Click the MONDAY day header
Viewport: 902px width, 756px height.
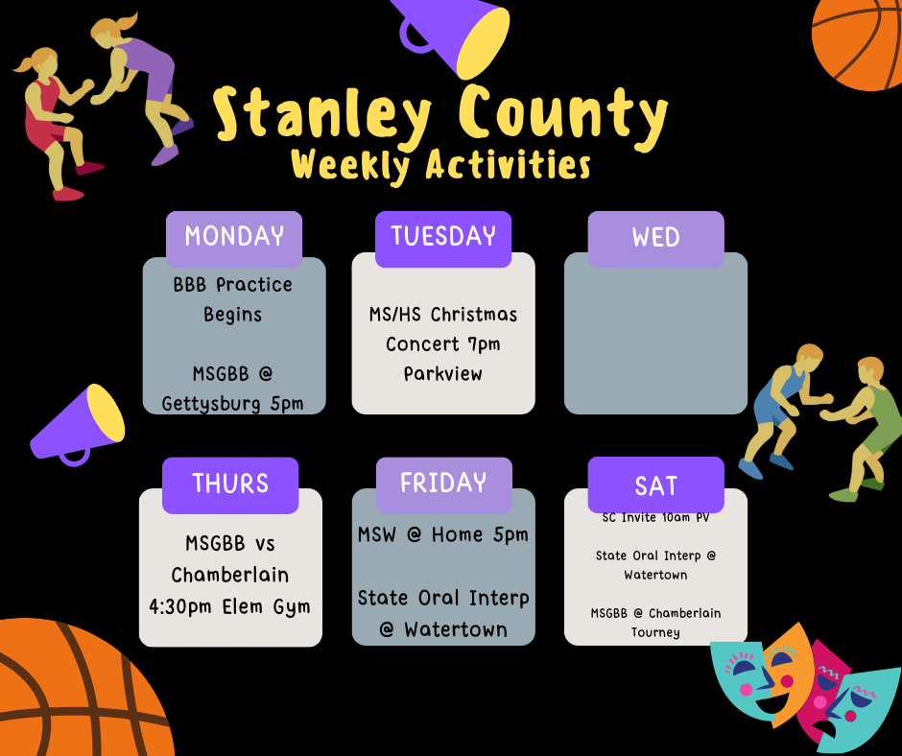pos(234,237)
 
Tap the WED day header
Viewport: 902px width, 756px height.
pos(655,238)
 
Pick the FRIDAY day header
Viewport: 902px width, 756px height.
pos(443,484)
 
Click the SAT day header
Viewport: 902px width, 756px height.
pos(655,485)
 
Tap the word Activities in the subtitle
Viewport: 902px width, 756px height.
pos(508,166)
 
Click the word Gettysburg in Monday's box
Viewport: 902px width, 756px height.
pos(212,403)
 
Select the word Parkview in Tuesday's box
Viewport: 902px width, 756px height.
pos(442,373)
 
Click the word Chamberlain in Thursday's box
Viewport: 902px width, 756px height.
pos(230,575)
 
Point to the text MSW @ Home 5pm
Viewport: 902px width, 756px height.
pos(443,534)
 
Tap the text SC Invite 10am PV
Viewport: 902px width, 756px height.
pos(655,519)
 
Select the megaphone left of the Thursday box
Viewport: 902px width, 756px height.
pos(81,423)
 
